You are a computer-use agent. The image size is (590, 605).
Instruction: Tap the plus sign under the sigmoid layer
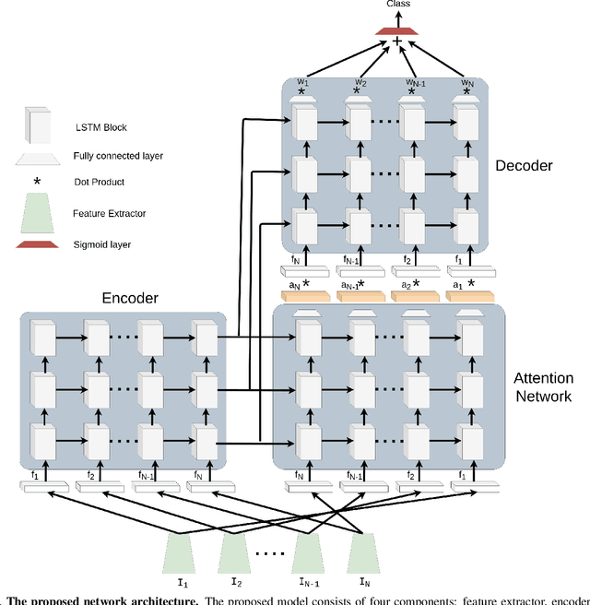397,42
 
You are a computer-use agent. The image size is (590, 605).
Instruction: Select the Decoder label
524,166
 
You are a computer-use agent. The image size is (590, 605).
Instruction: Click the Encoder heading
131,299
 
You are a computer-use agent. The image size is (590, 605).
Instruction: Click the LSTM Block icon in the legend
38,125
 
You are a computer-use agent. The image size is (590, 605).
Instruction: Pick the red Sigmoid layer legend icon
38,243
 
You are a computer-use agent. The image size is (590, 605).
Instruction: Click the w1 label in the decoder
301,83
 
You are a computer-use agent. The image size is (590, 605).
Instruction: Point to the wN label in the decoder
467,83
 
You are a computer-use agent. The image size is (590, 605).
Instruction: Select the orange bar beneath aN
303,296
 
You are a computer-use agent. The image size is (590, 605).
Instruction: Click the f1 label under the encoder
35,476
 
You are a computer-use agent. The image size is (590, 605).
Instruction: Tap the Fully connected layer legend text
117,156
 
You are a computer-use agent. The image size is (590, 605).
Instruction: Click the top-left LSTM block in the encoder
43,338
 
